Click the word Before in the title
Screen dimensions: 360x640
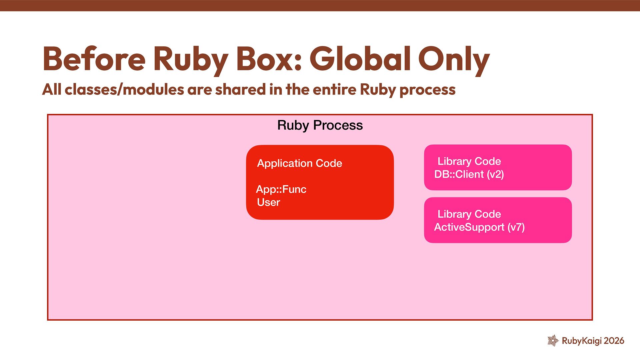click(x=94, y=59)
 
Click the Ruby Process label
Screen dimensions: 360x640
click(x=320, y=125)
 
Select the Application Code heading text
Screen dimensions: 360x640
click(x=299, y=163)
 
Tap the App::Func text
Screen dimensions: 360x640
click(x=281, y=189)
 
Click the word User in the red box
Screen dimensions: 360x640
click(x=268, y=202)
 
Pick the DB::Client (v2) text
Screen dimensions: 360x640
click(x=469, y=174)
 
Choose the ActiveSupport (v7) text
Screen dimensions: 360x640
click(x=479, y=227)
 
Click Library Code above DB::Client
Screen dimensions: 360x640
click(x=469, y=161)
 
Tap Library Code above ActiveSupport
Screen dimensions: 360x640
click(x=469, y=214)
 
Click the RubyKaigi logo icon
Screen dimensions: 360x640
click(x=553, y=340)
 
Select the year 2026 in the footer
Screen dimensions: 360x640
click(x=614, y=341)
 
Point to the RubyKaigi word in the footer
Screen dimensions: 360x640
click(x=582, y=341)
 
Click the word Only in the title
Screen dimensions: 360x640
click(x=454, y=59)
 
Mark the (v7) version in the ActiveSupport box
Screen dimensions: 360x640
click(x=516, y=227)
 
